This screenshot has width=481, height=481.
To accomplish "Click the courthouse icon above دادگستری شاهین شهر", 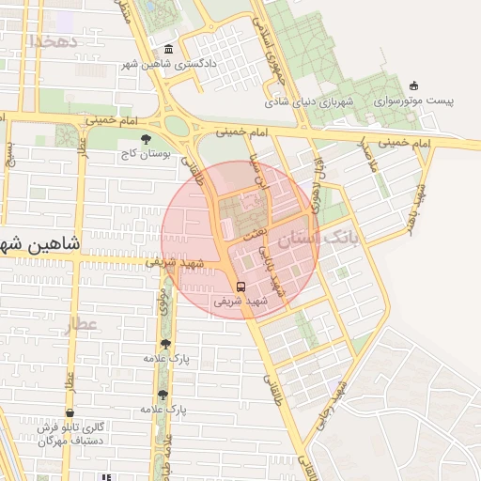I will tap(168, 50).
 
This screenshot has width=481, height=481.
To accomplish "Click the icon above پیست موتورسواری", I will tap(413, 86).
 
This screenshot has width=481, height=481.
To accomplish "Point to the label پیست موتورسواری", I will tap(413, 101).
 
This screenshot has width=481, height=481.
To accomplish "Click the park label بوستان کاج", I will tap(144, 153).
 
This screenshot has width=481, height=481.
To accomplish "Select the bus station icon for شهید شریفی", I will tap(240, 287).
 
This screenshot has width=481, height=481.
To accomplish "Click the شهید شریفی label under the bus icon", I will tap(240, 302).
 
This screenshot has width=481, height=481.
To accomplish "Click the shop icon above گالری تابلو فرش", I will tap(70, 413).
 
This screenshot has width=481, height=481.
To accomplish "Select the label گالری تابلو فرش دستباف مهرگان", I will tap(71, 434).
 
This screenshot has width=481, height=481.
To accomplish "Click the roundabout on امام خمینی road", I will tap(176, 125).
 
